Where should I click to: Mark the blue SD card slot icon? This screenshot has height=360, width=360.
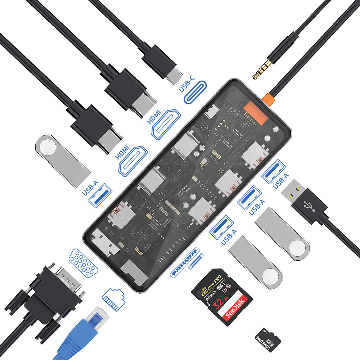pyautogui.click(x=185, y=262)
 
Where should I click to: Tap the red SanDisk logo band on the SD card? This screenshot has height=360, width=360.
pyautogui.click(x=234, y=309)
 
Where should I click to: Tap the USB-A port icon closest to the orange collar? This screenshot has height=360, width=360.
pyautogui.click(x=274, y=171)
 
